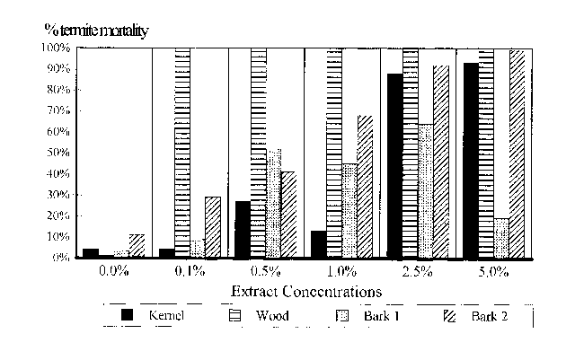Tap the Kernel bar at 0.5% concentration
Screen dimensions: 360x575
coord(243,230)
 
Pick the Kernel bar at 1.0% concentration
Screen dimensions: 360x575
coord(319,244)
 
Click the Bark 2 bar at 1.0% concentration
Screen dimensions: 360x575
coord(365,187)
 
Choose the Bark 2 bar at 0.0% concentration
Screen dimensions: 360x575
coord(137,246)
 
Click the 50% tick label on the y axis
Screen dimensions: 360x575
coord(57,153)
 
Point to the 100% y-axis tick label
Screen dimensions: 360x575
coord(55,48)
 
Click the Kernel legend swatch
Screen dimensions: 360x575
coord(128,315)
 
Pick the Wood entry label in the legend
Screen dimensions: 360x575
coord(272,315)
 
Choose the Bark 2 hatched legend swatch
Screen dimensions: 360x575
coord(451,315)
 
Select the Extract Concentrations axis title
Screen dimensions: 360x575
coord(306,292)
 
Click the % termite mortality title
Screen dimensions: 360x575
coord(96,30)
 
